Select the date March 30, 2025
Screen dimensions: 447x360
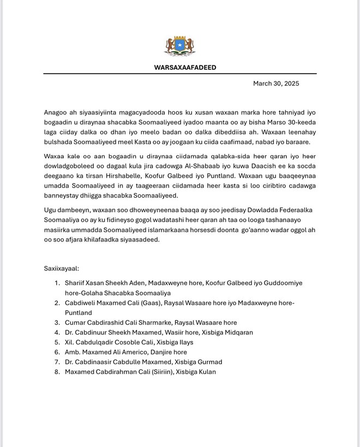[276, 83]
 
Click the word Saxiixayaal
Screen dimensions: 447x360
[62, 269]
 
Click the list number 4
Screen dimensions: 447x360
[57, 333]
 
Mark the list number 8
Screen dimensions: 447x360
[57, 372]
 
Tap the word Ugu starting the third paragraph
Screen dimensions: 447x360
[50, 210]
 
